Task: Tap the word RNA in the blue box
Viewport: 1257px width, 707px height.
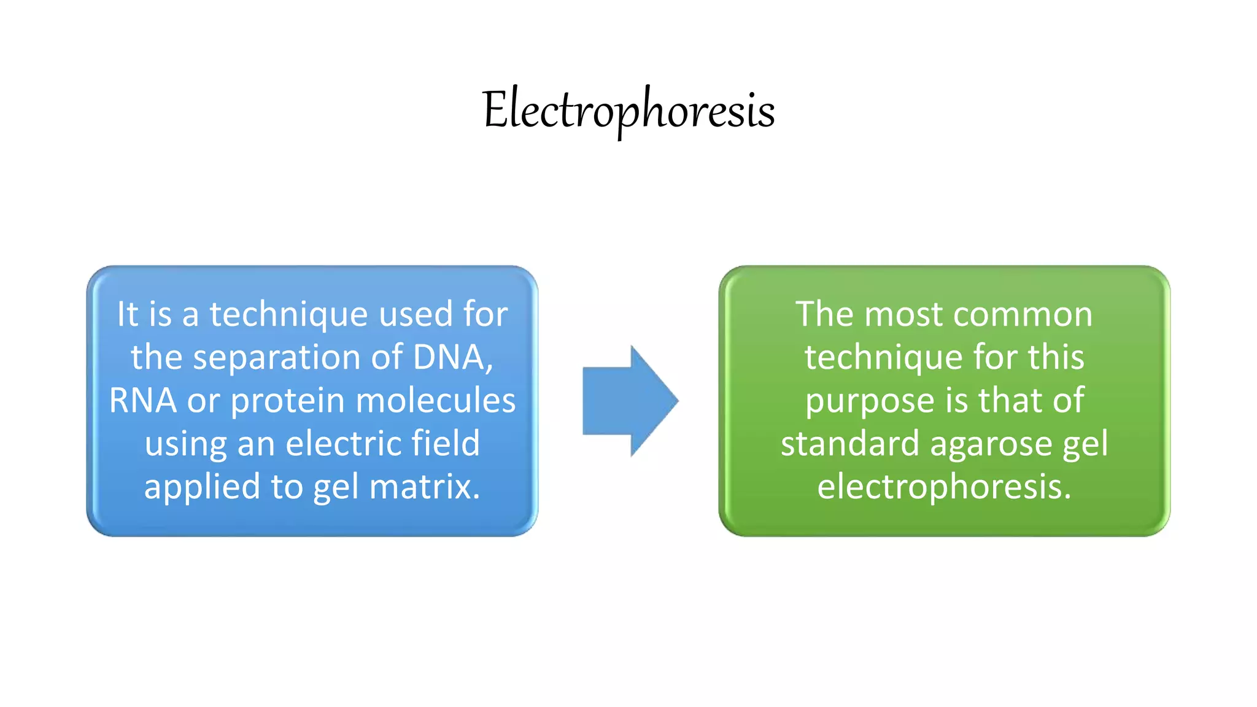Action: pos(142,401)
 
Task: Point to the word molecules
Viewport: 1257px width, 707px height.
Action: pos(435,401)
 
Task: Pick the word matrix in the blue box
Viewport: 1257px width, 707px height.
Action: pos(424,487)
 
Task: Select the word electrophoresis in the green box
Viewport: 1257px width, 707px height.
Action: pos(944,488)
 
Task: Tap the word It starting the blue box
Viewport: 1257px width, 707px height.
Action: pos(127,314)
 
